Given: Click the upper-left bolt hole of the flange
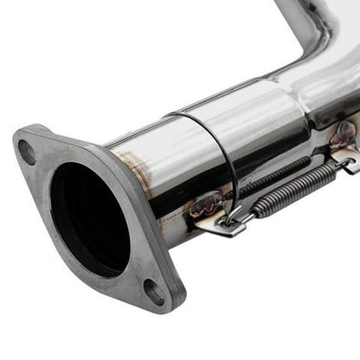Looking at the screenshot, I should [x=27, y=151].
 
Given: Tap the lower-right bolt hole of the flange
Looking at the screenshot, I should [x=154, y=292].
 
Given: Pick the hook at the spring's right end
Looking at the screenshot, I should [x=345, y=161].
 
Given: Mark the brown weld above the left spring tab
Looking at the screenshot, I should [x=206, y=204].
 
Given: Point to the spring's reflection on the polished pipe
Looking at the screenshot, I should [x=277, y=169].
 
